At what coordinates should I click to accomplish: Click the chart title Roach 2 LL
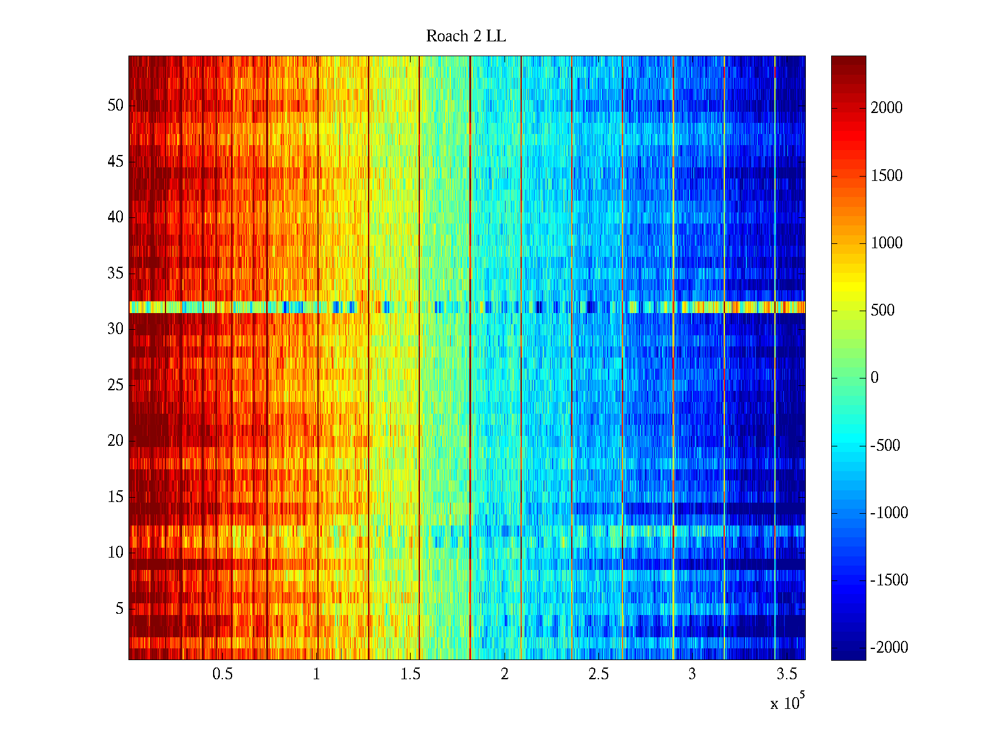(x=466, y=36)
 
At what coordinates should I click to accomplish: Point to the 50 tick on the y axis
(x=115, y=106)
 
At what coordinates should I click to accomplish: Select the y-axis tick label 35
(x=115, y=274)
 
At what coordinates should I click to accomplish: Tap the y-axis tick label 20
(x=115, y=441)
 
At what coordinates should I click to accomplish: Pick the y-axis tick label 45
(x=115, y=162)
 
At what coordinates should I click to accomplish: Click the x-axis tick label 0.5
(x=222, y=674)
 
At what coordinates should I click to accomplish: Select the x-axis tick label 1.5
(x=410, y=674)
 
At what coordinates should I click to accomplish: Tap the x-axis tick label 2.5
(x=598, y=674)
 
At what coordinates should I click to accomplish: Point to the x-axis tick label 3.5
(x=786, y=674)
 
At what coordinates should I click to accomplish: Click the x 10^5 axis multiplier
(x=787, y=703)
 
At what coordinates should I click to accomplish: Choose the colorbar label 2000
(x=887, y=108)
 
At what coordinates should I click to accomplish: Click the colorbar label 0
(x=874, y=378)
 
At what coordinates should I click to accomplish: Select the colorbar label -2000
(x=889, y=648)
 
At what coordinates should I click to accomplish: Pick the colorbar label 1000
(x=887, y=243)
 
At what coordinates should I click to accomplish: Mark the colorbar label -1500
(x=889, y=580)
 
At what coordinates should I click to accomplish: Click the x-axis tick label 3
(x=692, y=674)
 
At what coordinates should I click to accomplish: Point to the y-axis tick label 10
(x=115, y=553)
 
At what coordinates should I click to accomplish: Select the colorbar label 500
(x=883, y=311)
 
